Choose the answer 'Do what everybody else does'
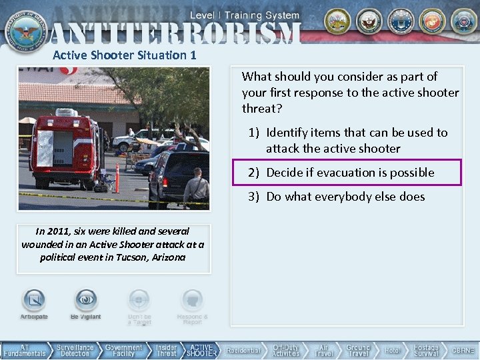point(345,197)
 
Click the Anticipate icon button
point(34,301)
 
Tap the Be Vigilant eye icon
point(86,301)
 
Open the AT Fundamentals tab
point(25,351)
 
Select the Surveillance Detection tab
point(75,351)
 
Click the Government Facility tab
point(124,351)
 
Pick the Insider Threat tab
point(167,351)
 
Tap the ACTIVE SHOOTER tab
point(201,351)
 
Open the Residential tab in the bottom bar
point(243,351)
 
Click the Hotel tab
point(393,351)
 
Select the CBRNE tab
point(463,351)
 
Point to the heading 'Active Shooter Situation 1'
point(125,55)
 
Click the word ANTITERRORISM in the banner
point(175,32)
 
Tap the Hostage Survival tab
point(426,351)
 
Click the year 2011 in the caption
point(59,231)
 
